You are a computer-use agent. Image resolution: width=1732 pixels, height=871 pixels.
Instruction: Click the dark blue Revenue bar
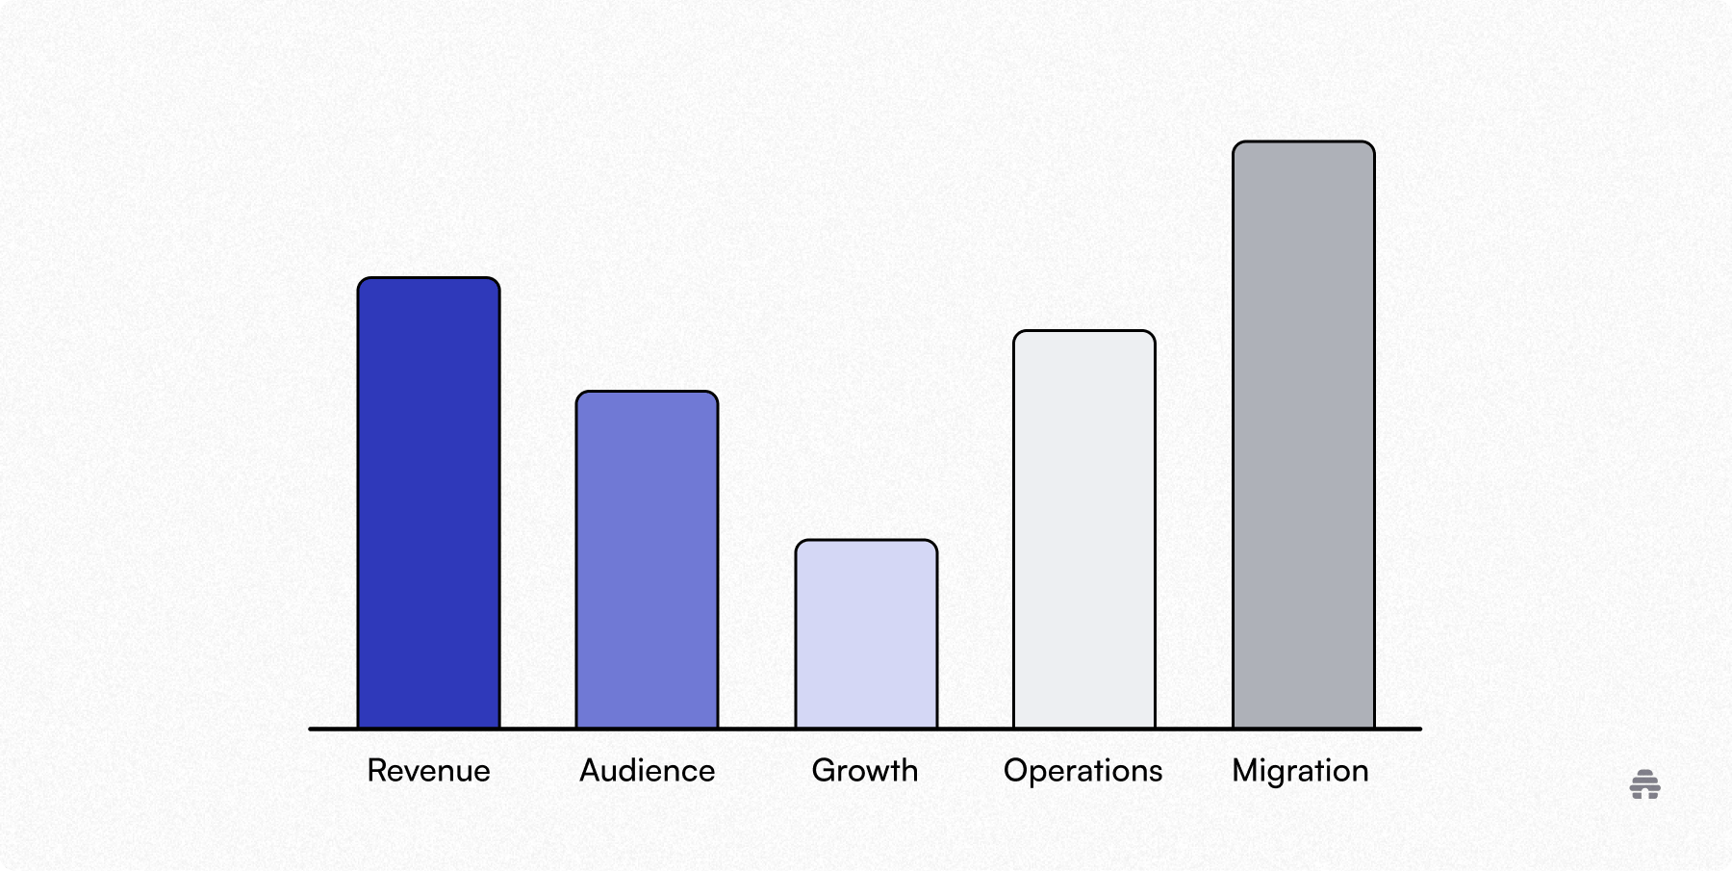point(428,503)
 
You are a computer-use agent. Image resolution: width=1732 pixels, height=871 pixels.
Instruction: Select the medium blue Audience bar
point(647,560)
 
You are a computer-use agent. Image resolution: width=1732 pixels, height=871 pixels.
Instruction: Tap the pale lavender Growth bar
point(866,635)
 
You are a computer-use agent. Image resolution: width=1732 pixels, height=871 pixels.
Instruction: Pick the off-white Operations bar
point(1083,530)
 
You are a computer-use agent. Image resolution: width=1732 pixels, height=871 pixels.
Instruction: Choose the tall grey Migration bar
point(1303,435)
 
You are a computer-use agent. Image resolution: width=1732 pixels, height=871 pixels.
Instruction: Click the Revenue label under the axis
point(428,771)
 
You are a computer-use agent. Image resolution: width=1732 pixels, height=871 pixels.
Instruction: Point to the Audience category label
point(647,771)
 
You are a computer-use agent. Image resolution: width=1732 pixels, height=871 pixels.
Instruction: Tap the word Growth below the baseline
point(864,771)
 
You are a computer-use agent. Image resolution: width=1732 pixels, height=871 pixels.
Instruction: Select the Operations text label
point(1082,771)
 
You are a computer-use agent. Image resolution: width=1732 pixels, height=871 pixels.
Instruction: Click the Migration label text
point(1300,771)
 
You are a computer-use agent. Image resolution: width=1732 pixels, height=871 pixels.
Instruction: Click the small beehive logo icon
point(1644,784)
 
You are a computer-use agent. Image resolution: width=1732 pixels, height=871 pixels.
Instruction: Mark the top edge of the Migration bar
point(1303,142)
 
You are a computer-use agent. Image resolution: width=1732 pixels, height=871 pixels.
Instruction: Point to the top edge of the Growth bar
point(866,541)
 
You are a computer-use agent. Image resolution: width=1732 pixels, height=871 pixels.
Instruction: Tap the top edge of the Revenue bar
point(428,278)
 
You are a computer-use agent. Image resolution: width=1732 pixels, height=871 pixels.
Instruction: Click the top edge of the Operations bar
point(1083,332)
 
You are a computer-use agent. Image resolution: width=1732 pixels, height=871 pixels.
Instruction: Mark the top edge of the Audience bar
point(647,392)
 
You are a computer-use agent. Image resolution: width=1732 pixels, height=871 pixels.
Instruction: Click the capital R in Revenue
point(376,770)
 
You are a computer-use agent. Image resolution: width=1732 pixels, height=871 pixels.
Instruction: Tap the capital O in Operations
point(1015,770)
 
